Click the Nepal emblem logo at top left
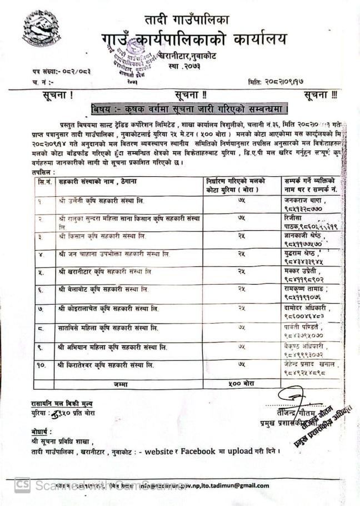[x=41, y=28]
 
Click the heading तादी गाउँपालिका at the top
[x=187, y=20]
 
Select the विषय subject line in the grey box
[x=191, y=107]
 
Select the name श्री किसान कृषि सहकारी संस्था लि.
[x=102, y=236]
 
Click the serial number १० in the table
[x=43, y=365]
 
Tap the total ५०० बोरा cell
[x=241, y=383]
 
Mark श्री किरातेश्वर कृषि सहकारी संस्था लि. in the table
[x=106, y=365]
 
